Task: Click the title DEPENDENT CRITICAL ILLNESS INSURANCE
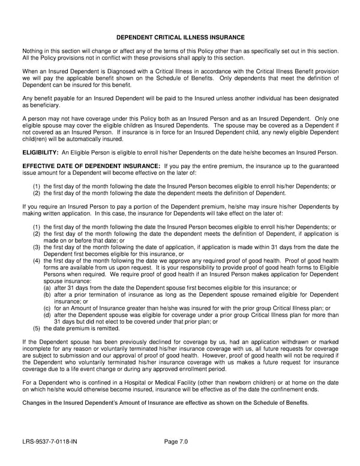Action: point(180,37)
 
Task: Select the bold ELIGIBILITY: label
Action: point(40,153)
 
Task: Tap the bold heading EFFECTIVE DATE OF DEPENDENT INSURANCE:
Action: point(91,165)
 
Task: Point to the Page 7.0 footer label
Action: point(176,442)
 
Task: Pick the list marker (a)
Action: point(47,288)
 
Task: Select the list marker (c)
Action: point(47,307)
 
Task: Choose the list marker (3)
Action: point(37,247)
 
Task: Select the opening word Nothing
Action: point(33,52)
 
